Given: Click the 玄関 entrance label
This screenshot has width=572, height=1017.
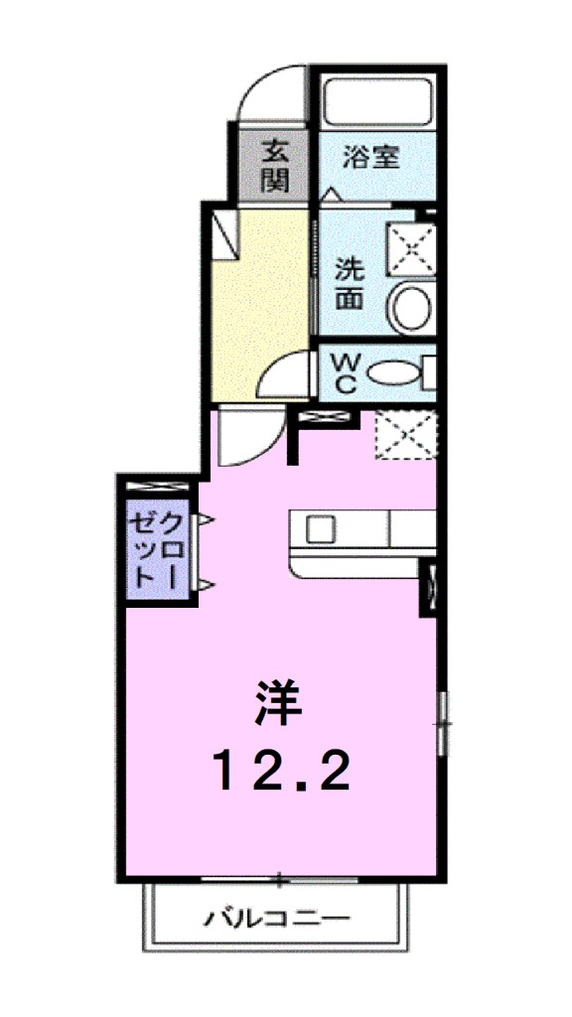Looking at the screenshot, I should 274,166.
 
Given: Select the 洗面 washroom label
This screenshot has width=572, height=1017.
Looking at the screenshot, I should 349,283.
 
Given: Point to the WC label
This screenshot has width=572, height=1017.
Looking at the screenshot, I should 343,372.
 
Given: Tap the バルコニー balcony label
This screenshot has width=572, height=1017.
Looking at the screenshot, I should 277,919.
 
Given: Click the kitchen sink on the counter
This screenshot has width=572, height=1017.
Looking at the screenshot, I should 321,529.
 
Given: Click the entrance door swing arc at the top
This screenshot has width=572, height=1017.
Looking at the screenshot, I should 265,97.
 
